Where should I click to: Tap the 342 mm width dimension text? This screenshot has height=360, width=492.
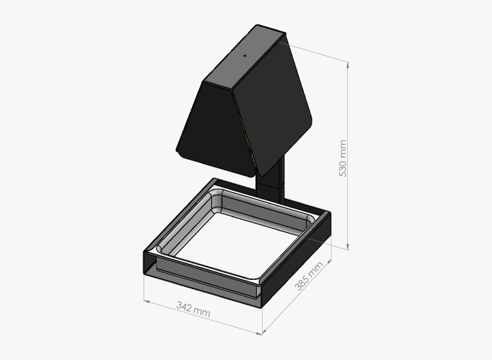click(x=193, y=309)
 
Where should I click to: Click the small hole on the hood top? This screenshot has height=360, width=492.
click(x=244, y=56)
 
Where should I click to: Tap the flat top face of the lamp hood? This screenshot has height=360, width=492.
click(x=243, y=57)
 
